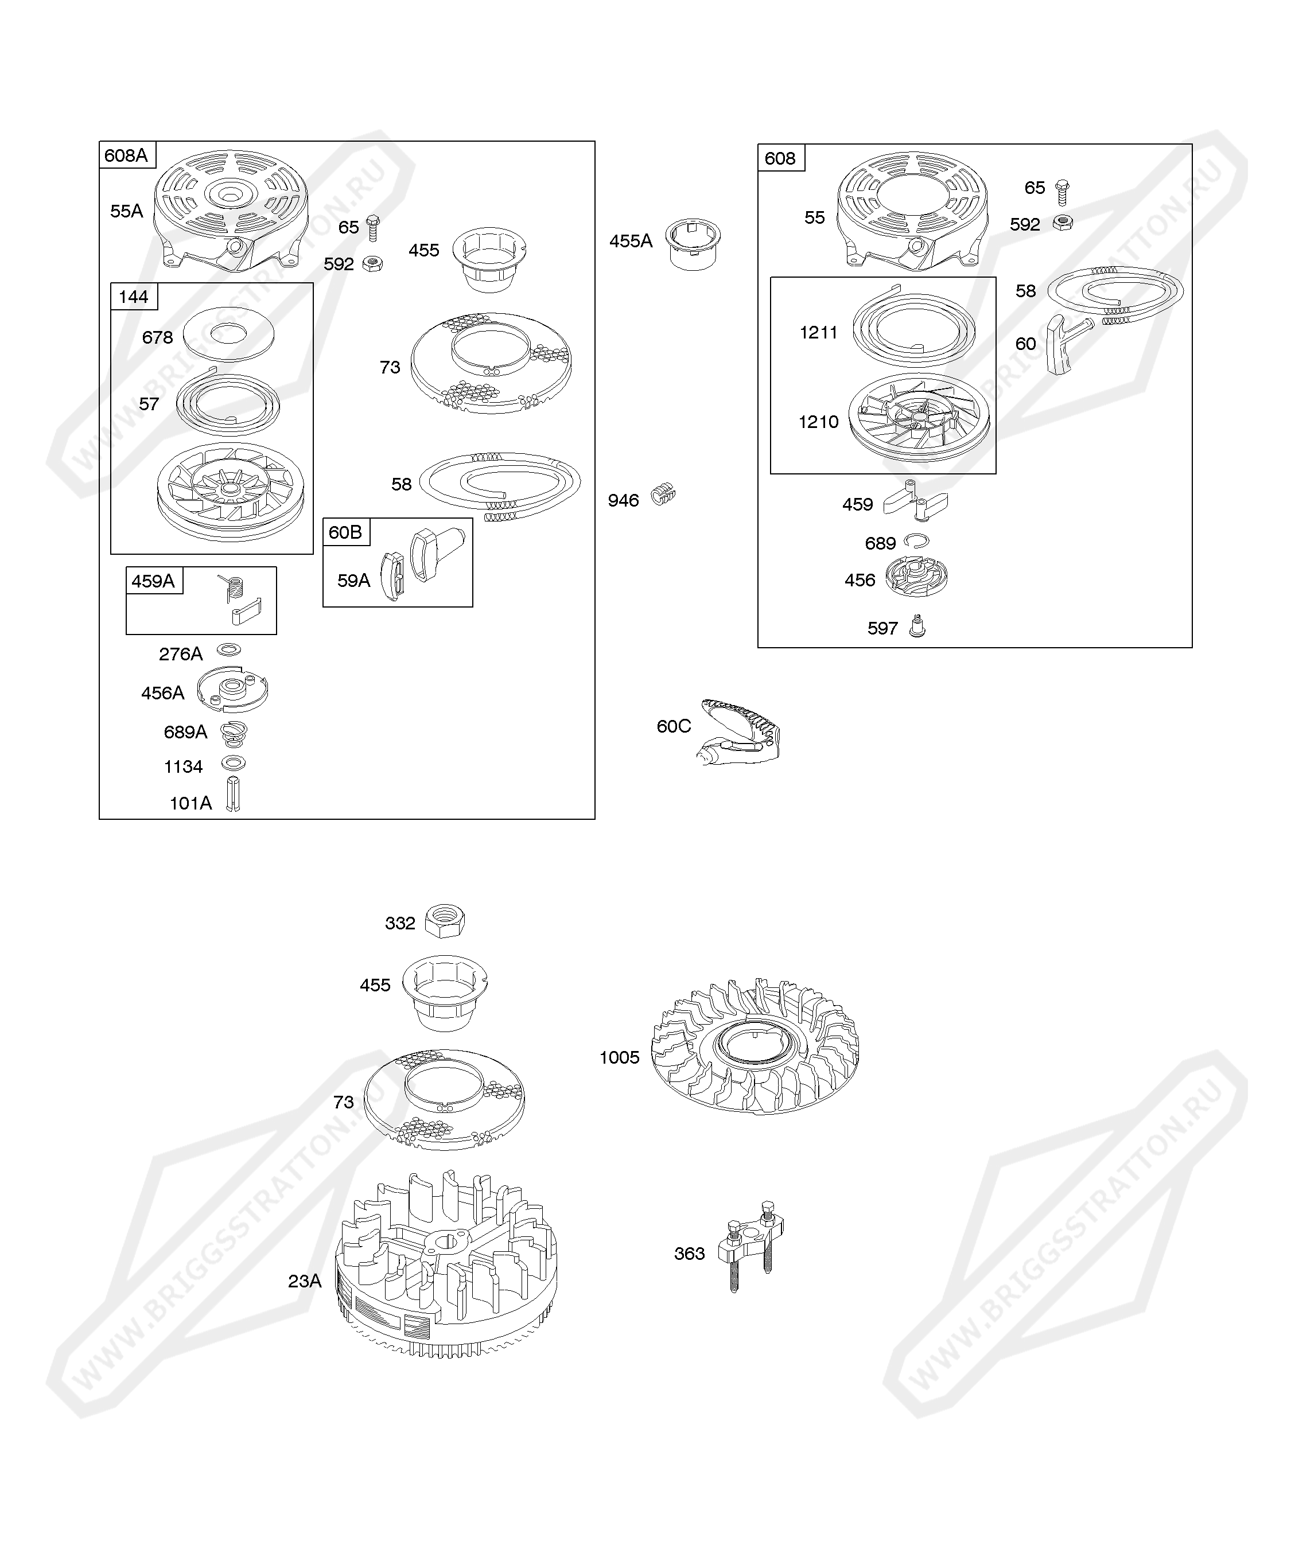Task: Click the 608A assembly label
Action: (126, 155)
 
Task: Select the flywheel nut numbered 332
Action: (445, 921)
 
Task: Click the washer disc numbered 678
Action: (229, 334)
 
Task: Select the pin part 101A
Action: (232, 795)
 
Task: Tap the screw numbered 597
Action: (917, 626)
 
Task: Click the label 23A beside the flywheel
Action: (305, 1281)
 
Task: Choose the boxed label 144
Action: (134, 297)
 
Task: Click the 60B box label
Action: (345, 532)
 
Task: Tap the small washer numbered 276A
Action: (229, 650)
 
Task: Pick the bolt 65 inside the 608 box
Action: (1061, 192)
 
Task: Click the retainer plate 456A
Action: (232, 689)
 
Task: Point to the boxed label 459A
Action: (153, 581)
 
